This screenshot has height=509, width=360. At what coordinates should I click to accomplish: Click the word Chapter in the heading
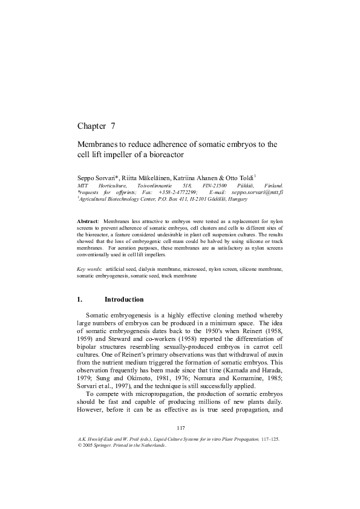tap(91, 126)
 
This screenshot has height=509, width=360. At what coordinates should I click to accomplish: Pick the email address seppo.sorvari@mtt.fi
tap(249, 192)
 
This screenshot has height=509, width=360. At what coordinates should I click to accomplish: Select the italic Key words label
tap(89, 268)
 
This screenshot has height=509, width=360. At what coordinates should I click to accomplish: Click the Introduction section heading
tap(124, 299)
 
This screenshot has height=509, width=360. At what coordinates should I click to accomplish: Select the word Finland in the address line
tap(273, 185)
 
